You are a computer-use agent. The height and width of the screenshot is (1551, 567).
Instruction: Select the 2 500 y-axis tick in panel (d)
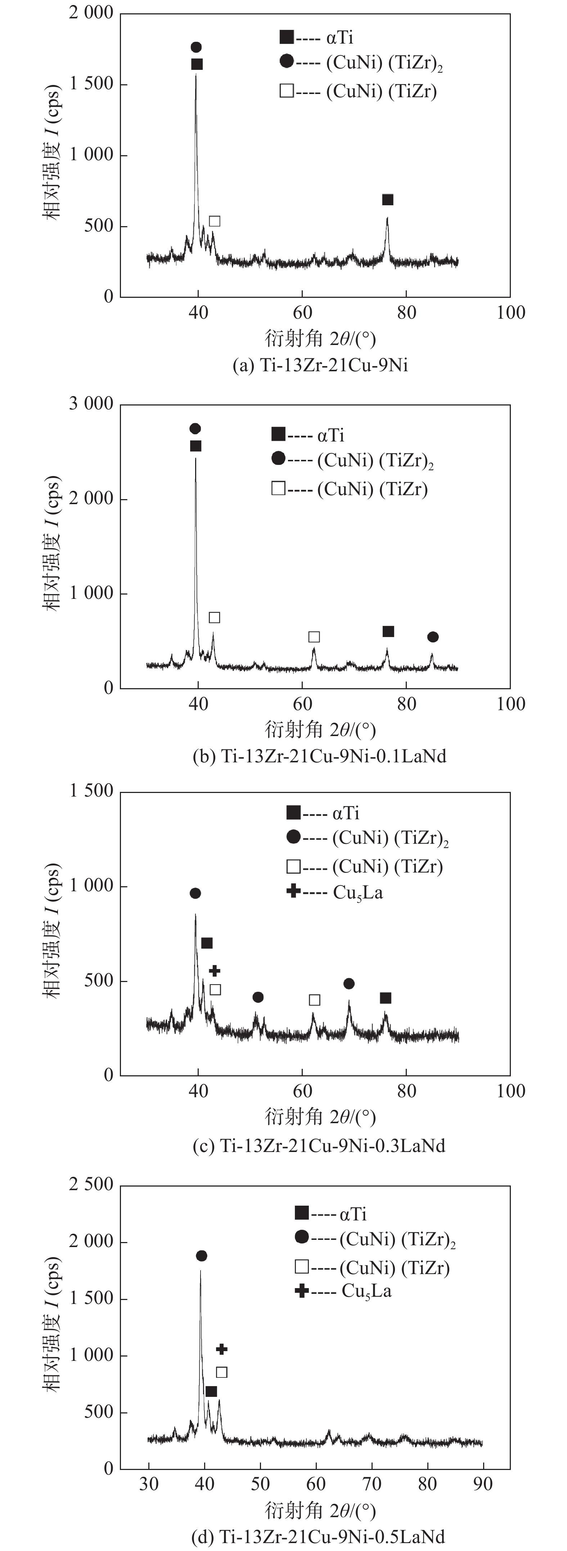pos(91,1184)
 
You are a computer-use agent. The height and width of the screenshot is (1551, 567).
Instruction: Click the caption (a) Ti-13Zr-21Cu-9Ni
pos(320,366)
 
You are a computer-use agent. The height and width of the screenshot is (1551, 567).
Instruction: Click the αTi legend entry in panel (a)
pos(316,37)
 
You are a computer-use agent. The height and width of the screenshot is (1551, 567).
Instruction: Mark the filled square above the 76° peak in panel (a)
pos(388,199)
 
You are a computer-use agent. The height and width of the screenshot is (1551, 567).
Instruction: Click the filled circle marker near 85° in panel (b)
pos(433,637)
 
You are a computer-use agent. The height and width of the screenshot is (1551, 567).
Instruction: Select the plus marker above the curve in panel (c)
pos(214,971)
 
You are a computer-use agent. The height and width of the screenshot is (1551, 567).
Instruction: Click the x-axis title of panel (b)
pos(320,729)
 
